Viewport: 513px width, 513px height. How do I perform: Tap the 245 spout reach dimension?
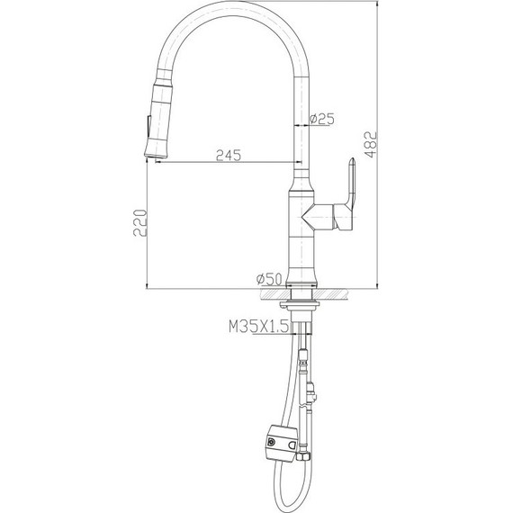tap(228, 155)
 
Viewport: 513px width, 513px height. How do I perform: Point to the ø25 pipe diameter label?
tap(322, 119)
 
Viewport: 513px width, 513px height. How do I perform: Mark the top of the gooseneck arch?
tap(229, 19)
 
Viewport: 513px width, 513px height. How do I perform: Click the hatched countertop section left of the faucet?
tap(269, 292)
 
